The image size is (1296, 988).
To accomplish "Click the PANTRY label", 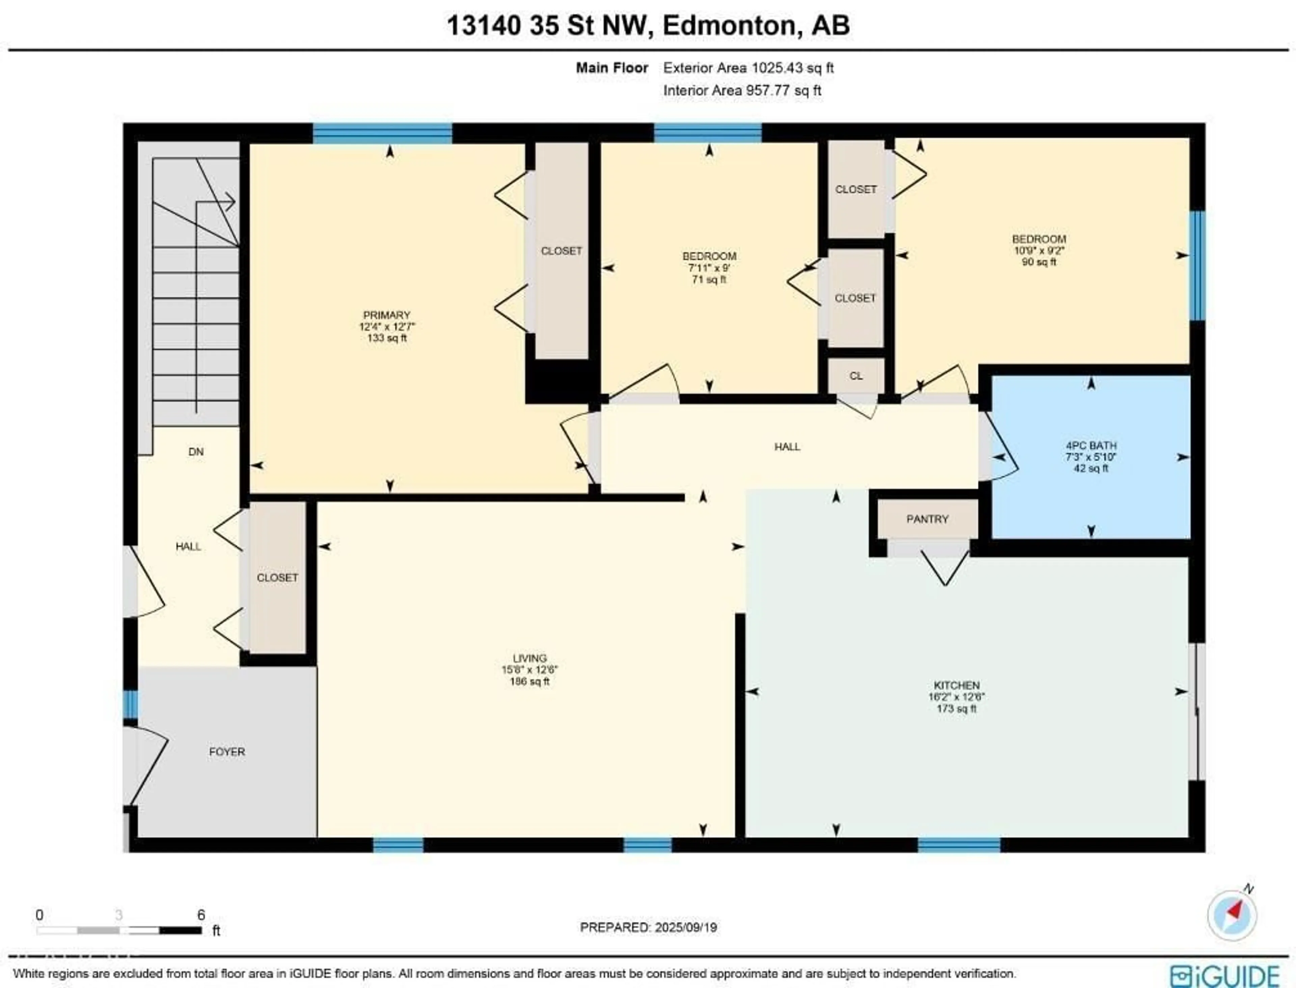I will click(x=927, y=519).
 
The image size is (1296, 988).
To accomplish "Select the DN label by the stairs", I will click(x=196, y=452).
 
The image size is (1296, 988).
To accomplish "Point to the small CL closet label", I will click(x=856, y=376).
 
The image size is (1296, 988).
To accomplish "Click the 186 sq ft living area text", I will click(x=530, y=682).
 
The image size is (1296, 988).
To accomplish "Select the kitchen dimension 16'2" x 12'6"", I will click(x=956, y=697).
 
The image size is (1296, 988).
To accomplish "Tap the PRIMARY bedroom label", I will click(x=386, y=315).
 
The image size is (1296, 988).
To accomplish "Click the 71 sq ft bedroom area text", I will click(x=709, y=279).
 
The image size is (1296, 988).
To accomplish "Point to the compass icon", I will click(x=1232, y=915).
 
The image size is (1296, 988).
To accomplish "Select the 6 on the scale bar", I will click(x=201, y=914).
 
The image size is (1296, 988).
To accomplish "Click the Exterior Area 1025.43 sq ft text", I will click(x=748, y=67).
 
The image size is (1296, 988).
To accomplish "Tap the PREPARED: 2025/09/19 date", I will click(x=648, y=927).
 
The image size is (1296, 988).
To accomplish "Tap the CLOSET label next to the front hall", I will click(x=277, y=577).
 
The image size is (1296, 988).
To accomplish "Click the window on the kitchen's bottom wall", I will click(x=959, y=845).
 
